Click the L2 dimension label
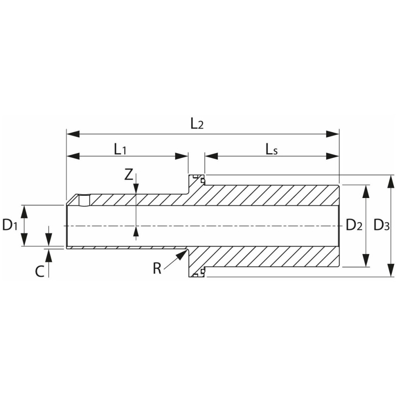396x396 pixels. click(x=197, y=124)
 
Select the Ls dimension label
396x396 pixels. click(x=271, y=149)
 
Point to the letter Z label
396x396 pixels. click(x=129, y=175)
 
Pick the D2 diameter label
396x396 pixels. click(x=354, y=225)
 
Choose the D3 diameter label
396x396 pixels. click(x=382, y=225)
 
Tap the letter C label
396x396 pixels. click(x=40, y=272)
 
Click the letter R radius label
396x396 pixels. click(x=157, y=268)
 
